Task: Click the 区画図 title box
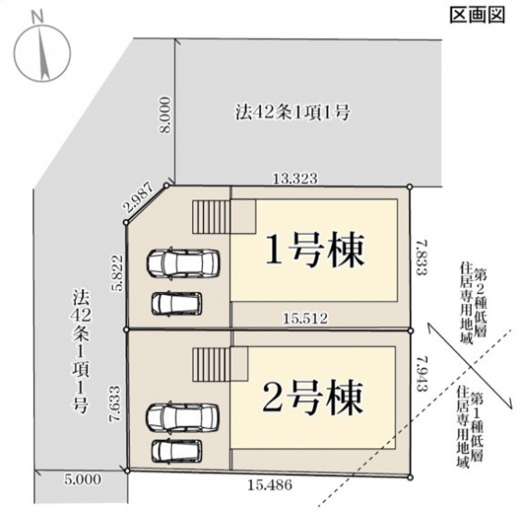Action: coord(477,16)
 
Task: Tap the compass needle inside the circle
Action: coord(42,53)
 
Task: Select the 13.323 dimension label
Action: coord(295,178)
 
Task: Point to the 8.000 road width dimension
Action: coord(165,115)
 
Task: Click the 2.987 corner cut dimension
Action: coord(138,197)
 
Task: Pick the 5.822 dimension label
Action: coord(117,272)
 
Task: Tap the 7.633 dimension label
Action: coord(115,403)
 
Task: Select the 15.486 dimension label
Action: coord(270,485)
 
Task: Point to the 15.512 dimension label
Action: coord(306,319)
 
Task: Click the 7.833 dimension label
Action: coord(422,257)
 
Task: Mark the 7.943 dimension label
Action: coord(422,373)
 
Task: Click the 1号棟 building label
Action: coord(315,250)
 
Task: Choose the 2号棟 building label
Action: coord(313,397)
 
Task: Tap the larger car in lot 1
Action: coord(183,263)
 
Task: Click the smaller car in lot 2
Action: coord(177,451)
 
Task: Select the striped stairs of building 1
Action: coord(211,216)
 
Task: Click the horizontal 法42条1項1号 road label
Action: coord(292,113)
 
